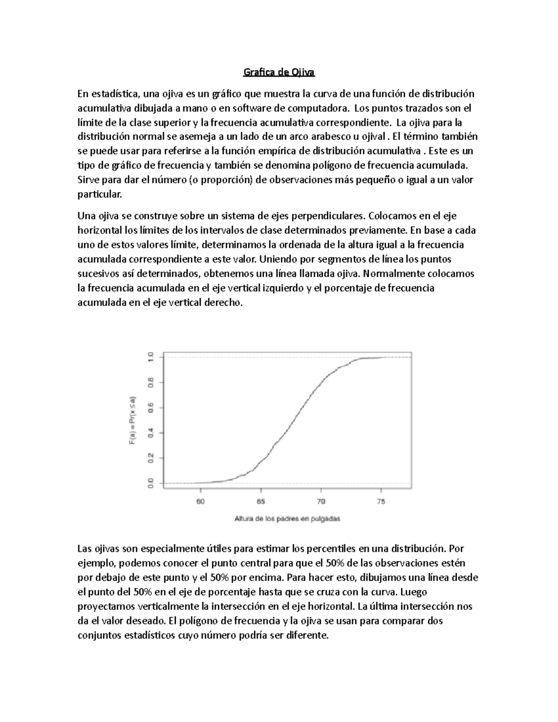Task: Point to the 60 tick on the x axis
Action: coord(200,502)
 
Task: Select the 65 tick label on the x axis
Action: coord(260,502)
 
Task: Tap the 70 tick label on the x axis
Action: coord(321,502)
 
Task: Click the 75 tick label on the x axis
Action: coord(381,502)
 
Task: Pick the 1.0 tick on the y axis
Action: coord(150,357)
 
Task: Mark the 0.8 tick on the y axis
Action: coord(150,382)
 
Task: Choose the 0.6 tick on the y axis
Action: coord(150,408)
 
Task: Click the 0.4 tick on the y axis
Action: coord(150,433)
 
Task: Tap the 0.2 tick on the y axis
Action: coord(150,458)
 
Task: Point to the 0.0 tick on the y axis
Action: coord(150,484)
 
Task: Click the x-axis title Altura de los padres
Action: coord(287,519)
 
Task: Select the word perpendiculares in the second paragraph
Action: coord(332,216)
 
